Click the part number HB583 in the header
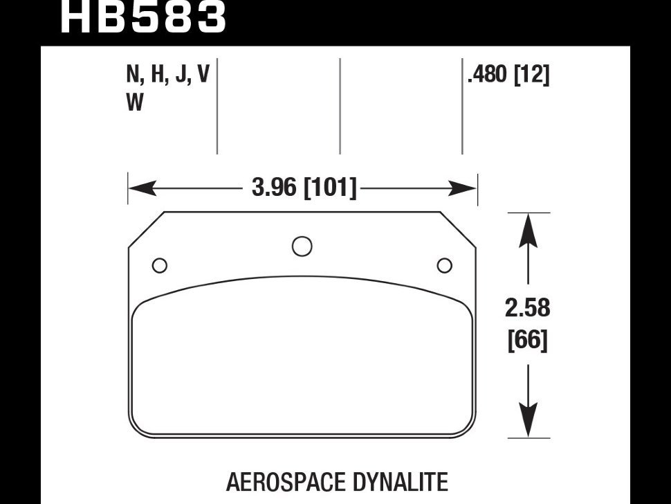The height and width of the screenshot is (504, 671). click(143, 17)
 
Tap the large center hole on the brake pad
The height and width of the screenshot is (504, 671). click(302, 246)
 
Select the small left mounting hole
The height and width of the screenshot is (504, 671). click(159, 265)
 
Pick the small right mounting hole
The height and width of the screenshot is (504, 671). click(445, 265)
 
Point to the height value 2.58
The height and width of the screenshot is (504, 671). click(528, 307)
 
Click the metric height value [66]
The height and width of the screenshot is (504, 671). click(528, 341)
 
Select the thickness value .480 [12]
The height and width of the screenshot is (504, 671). click(508, 75)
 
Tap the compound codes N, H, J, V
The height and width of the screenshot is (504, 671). click(167, 75)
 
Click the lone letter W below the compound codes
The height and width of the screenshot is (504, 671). click(135, 103)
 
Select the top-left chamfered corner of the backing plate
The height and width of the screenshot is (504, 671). click(146, 229)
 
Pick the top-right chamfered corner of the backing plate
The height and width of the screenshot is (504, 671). click(458, 229)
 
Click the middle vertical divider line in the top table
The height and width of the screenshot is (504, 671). click(340, 105)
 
